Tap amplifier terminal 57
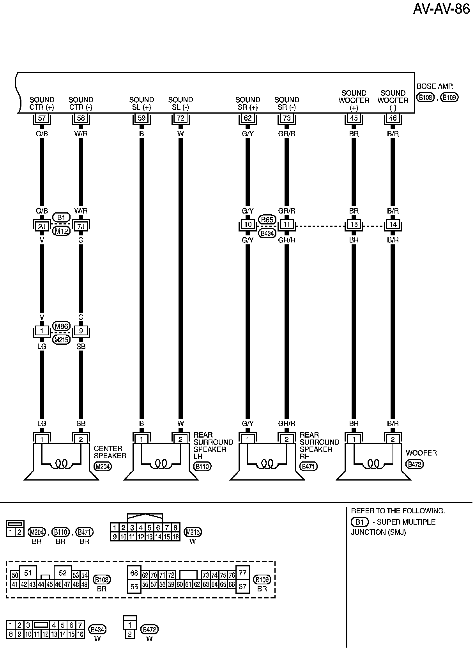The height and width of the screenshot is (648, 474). click(x=42, y=118)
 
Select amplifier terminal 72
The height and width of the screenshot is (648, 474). click(x=180, y=118)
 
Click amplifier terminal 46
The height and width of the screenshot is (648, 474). click(x=393, y=118)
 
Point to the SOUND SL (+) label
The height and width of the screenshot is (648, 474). click(x=141, y=103)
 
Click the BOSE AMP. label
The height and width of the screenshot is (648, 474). click(x=435, y=86)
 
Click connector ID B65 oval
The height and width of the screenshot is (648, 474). click(x=267, y=219)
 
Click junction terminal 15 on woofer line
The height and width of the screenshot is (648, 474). click(x=354, y=224)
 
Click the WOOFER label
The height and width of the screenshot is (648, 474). click(x=421, y=453)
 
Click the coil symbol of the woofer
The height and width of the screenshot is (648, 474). click(x=373, y=464)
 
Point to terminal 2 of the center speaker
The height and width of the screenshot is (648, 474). click(x=81, y=439)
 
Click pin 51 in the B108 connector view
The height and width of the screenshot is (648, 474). click(x=28, y=573)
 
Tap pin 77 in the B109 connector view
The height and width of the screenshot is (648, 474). click(x=242, y=573)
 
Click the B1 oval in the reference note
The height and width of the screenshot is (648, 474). click(x=359, y=522)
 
